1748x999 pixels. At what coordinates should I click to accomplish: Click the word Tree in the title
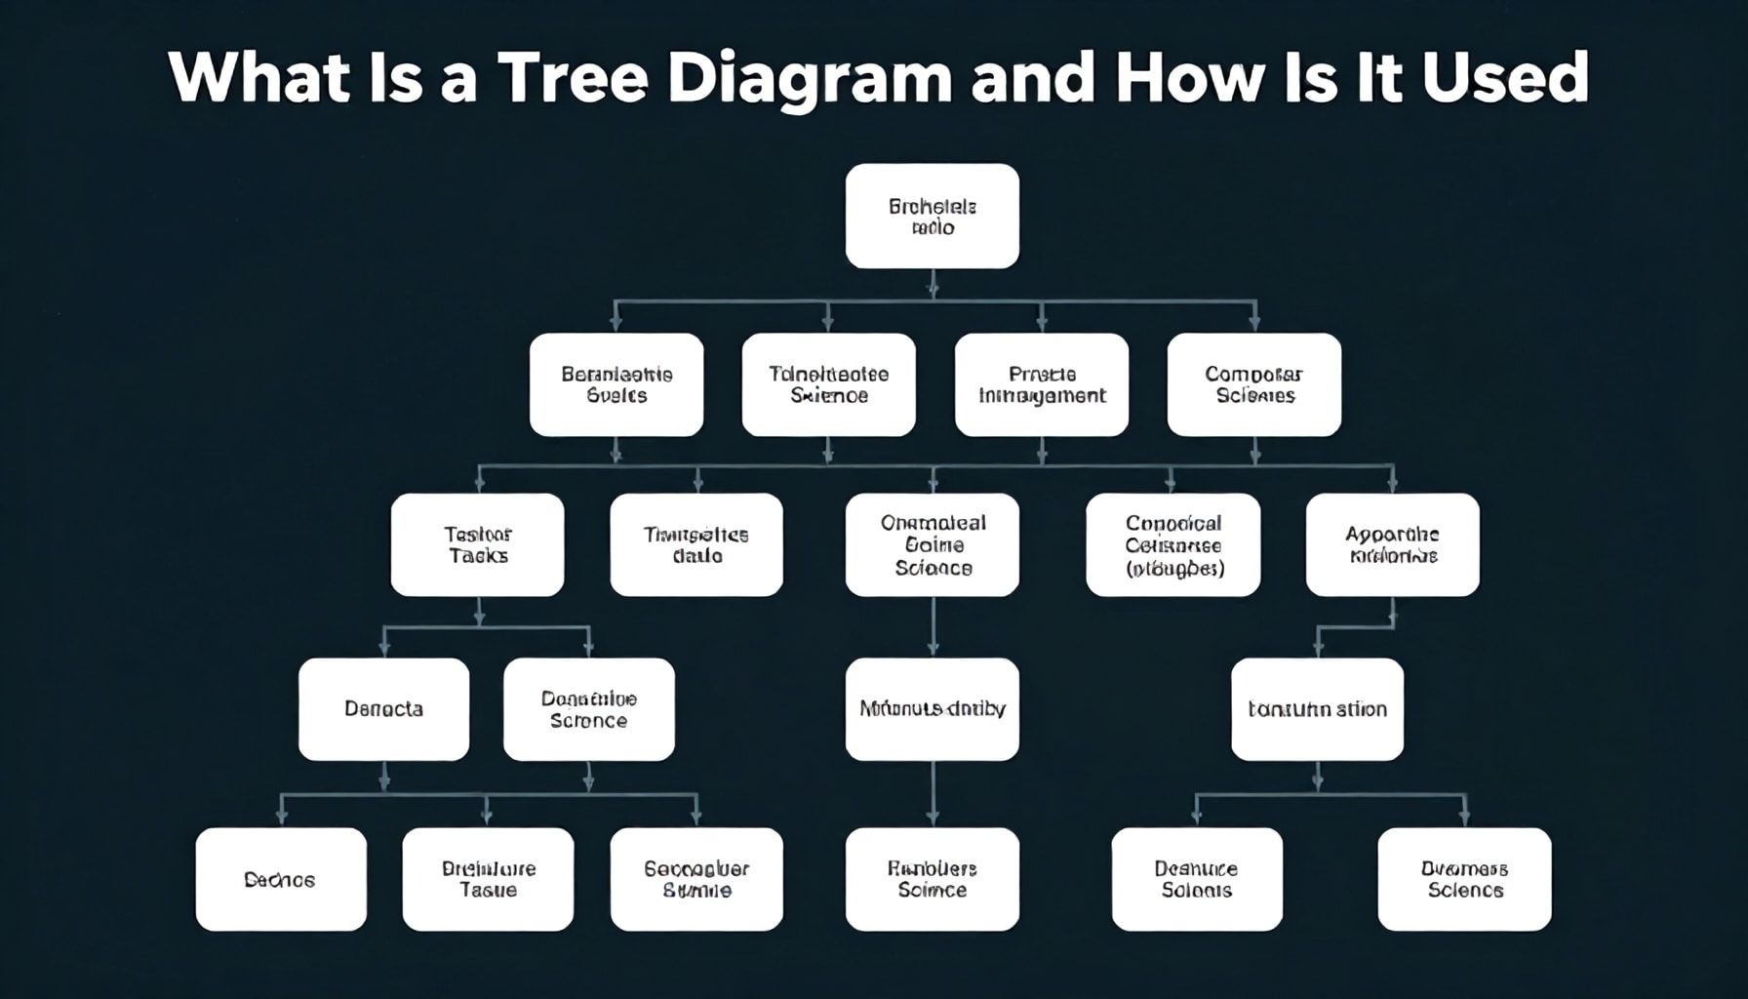coord(573,78)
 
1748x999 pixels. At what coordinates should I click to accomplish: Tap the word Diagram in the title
coord(809,78)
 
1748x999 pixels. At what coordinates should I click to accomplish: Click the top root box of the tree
coord(932,217)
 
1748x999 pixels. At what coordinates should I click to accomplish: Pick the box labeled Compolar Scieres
coord(1253,384)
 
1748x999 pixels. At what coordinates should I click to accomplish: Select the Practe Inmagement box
coord(1041,384)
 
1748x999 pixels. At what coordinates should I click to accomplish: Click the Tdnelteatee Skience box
coord(828,384)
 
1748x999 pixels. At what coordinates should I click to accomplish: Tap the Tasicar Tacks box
coord(477,544)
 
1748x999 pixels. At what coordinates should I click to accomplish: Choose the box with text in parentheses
coord(1172,544)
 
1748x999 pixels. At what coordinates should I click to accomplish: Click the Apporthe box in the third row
coord(1392,544)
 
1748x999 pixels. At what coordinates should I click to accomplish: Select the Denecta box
coord(383,709)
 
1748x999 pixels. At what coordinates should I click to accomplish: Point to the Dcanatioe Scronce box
coord(588,709)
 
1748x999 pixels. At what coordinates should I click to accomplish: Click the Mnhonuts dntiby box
coord(932,709)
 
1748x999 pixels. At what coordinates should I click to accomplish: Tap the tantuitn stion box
coord(1317,709)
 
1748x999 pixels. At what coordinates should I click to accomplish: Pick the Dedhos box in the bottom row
coord(281,879)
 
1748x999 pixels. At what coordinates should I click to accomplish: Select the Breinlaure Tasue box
coord(488,879)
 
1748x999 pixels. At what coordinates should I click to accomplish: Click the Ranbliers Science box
coord(932,879)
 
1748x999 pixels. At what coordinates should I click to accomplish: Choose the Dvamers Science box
coord(1464,879)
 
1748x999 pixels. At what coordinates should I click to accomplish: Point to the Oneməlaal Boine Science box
coord(932,544)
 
